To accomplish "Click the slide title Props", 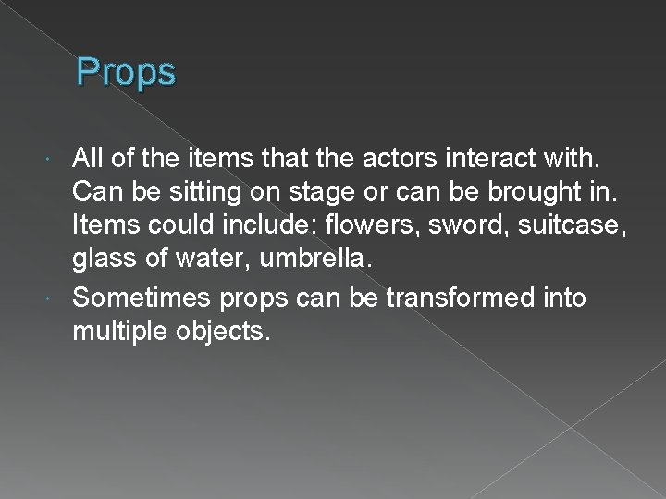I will pos(126,71).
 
